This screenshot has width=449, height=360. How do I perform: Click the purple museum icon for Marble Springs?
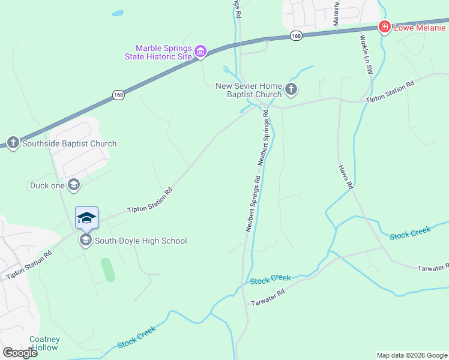click(x=201, y=53)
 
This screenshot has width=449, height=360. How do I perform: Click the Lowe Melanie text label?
click(x=420, y=27)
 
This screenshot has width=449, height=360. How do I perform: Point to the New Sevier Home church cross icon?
click(x=291, y=90)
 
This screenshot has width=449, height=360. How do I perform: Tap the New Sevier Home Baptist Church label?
click(x=249, y=90)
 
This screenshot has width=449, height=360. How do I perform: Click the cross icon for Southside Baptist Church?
click(x=13, y=143)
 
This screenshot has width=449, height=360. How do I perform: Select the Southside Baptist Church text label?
click(x=69, y=143)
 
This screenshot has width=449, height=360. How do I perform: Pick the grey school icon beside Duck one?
click(x=74, y=185)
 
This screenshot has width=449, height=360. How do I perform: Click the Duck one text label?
click(x=47, y=185)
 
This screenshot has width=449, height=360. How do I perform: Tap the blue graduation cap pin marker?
click(x=86, y=218)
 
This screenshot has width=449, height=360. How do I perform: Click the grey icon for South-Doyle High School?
click(x=85, y=241)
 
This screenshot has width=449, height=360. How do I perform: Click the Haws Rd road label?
click(x=345, y=178)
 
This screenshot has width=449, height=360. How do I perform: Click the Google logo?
click(x=20, y=353)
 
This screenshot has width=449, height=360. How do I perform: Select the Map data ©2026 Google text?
click(x=411, y=355)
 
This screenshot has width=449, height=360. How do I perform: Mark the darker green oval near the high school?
click(x=108, y=270)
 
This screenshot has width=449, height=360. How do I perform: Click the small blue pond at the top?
click(x=118, y=13)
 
